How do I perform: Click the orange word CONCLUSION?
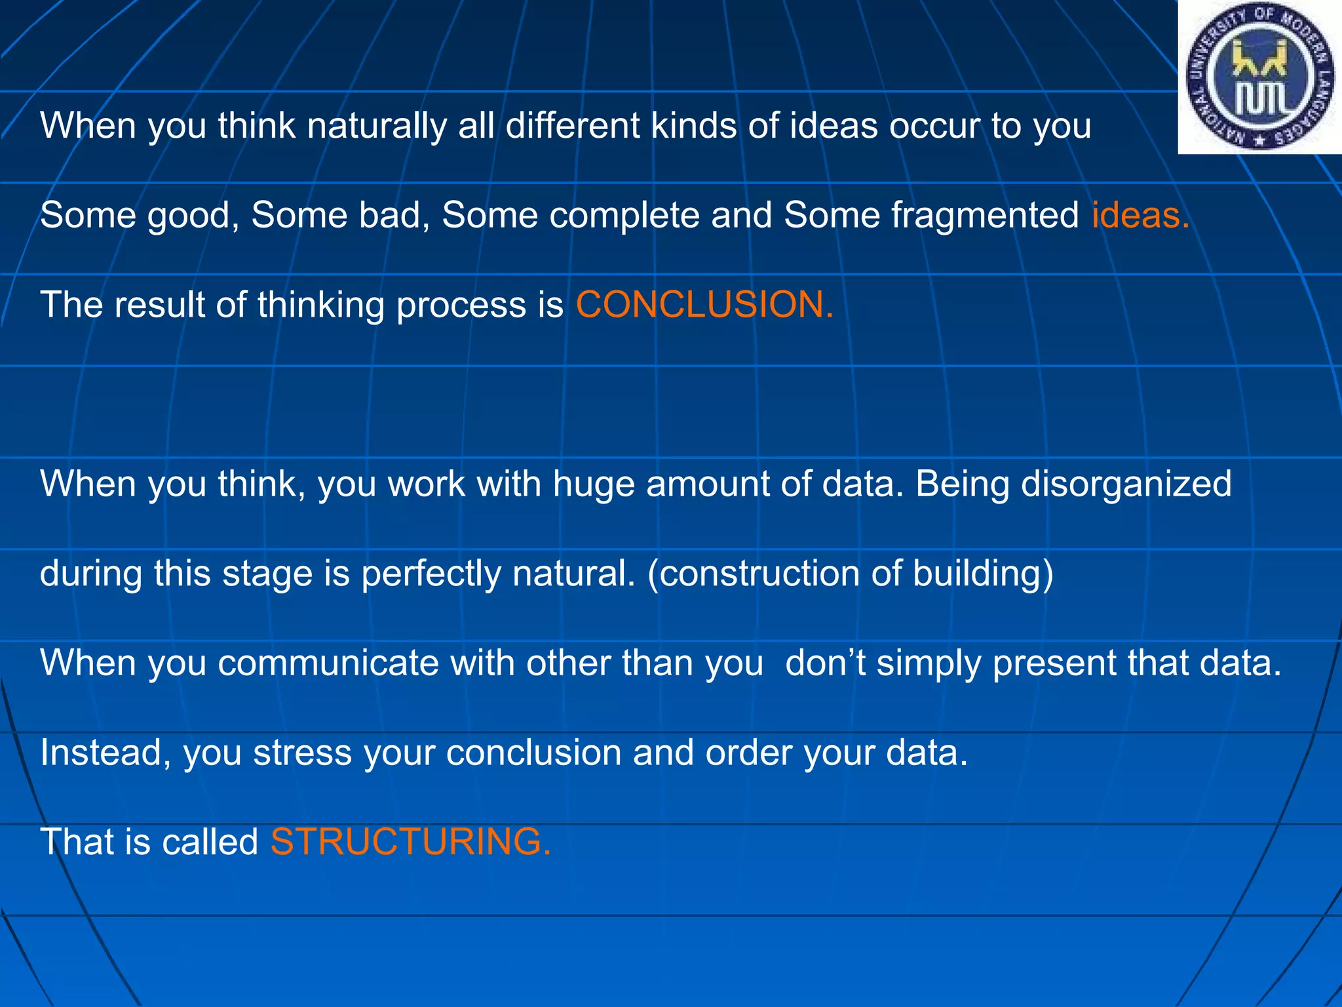click(704, 305)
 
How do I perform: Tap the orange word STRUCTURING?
click(410, 842)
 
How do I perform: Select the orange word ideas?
click(1140, 215)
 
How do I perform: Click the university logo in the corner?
click(1259, 78)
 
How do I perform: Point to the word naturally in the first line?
click(377, 126)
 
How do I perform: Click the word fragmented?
click(985, 215)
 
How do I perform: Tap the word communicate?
click(328, 663)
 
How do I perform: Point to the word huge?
click(594, 485)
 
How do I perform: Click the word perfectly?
click(431, 574)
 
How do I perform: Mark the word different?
click(572, 126)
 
